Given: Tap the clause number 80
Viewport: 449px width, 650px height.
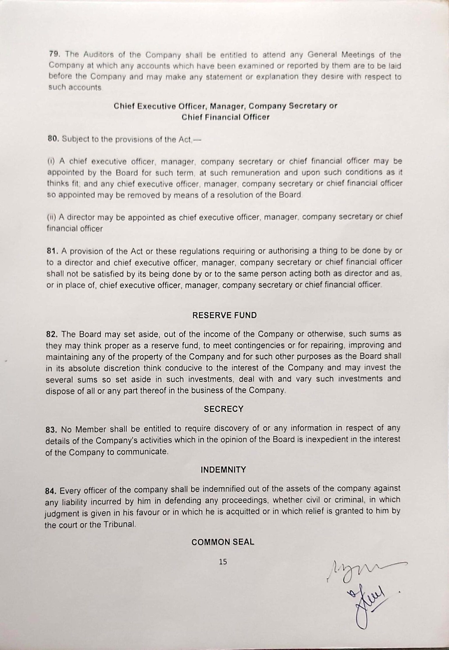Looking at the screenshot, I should (52, 139).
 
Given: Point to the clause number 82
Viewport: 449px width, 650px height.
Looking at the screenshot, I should (51, 334).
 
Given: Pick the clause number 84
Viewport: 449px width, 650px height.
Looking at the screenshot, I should (51, 491).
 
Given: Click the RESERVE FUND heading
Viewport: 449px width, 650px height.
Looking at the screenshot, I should (224, 315).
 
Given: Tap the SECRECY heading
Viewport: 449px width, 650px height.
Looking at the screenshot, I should (223, 409).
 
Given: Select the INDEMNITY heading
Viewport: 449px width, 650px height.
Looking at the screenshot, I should (223, 470).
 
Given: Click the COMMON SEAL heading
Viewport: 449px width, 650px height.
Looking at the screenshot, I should (223, 542).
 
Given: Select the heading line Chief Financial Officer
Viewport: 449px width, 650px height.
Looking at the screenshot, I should (225, 117).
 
